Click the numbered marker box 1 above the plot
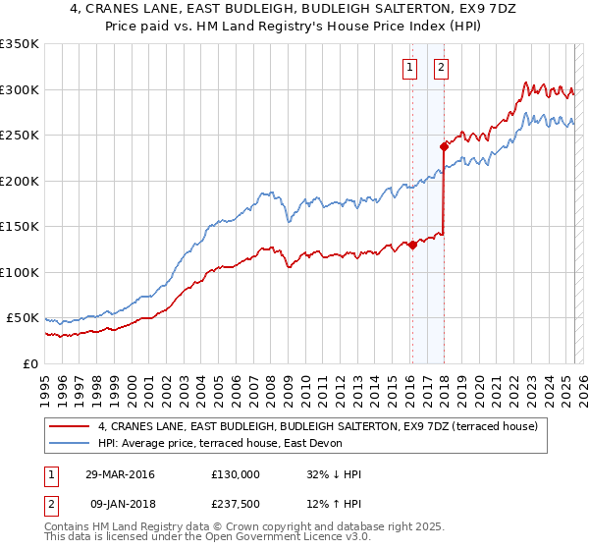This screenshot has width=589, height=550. pos(408,68)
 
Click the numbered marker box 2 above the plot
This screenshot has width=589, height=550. pos(441,68)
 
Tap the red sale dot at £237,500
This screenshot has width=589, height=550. pos(444,147)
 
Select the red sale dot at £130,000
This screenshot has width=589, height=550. pos(412,246)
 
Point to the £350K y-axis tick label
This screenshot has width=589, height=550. pos(20,44)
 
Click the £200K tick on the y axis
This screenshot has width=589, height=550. pos(20,181)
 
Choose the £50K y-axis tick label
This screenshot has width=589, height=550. pos(23,318)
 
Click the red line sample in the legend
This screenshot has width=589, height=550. pos(69,427)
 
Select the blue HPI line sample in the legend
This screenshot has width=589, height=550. pos(69,444)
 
